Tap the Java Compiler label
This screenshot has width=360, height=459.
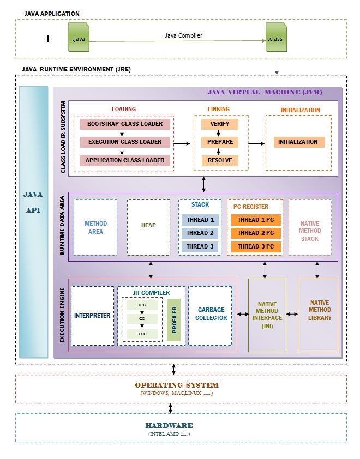(184, 35)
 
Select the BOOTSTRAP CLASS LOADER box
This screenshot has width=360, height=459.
(125, 124)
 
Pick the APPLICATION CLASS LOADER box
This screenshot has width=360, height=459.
(125, 160)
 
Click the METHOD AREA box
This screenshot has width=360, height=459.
(95, 227)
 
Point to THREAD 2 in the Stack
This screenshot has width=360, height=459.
(200, 233)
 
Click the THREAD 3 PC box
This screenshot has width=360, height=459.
(255, 246)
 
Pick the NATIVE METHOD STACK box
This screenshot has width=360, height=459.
(310, 227)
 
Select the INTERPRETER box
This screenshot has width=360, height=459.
(93, 316)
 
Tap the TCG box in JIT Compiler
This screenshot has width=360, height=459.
(141, 333)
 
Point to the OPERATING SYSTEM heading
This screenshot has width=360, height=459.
(177, 385)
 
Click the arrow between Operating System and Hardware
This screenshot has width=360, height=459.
(171, 408)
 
